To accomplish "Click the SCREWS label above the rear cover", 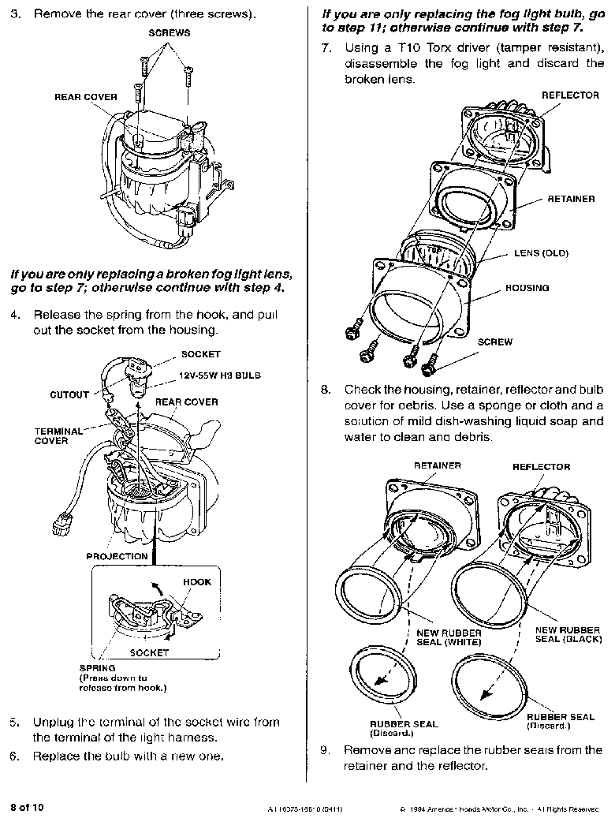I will pyautogui.click(x=169, y=33).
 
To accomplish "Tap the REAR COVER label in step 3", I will pyautogui.click(x=86, y=97).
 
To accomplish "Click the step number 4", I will pyautogui.click(x=14, y=314).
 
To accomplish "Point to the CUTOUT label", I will pyautogui.click(x=69, y=394).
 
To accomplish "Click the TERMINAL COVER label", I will pyautogui.click(x=58, y=436).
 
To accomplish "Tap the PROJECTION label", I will pyautogui.click(x=117, y=556).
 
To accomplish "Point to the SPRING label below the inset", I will pyautogui.click(x=97, y=668).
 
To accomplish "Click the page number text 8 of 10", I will pyautogui.click(x=28, y=807).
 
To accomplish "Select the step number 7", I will pyautogui.click(x=325, y=48).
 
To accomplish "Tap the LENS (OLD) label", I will pyautogui.click(x=541, y=253).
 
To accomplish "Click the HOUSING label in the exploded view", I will pyautogui.click(x=527, y=288).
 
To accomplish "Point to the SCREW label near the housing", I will pyautogui.click(x=495, y=342).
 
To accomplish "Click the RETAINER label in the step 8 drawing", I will pyautogui.click(x=438, y=466).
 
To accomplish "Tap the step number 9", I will pyautogui.click(x=325, y=750).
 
